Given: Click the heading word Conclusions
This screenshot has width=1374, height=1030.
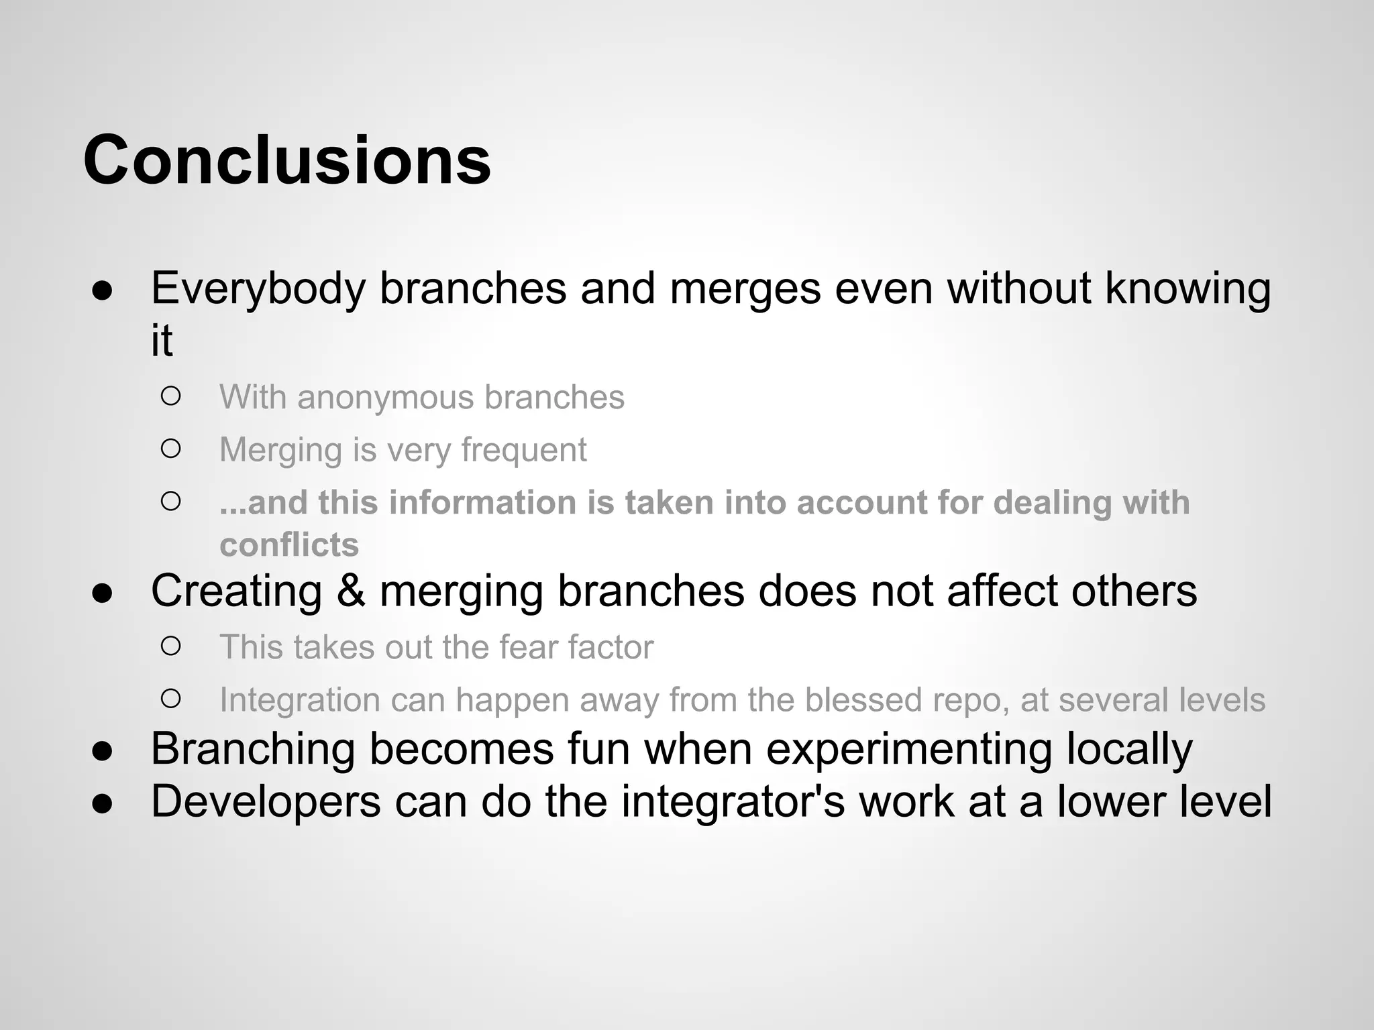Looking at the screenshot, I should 286,161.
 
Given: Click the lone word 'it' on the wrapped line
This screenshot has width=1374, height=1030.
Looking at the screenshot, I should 162,341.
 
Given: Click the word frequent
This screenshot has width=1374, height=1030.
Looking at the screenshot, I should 524,450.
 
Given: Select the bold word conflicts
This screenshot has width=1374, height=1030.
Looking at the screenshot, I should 289,545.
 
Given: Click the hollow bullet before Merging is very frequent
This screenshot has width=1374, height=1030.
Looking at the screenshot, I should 171,449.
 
